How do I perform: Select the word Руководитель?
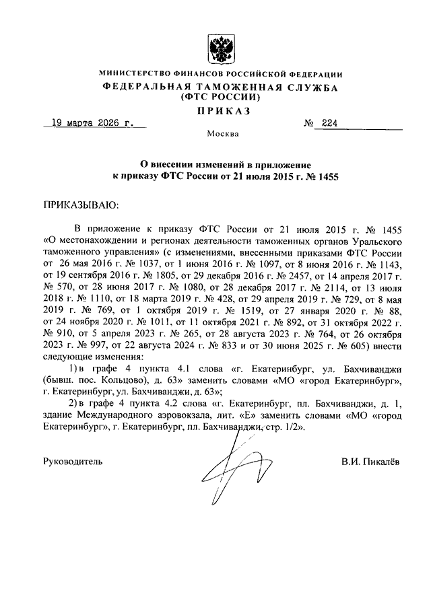tap(73, 463)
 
